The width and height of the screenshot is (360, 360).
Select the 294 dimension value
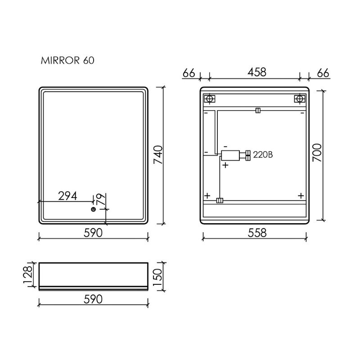pyautogui.click(x=67, y=196)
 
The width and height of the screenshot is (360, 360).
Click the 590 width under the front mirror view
pyautogui.click(x=93, y=233)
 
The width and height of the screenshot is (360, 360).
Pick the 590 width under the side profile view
pyautogui.click(x=93, y=299)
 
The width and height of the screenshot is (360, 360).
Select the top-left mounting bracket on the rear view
pyautogui.click(x=210, y=99)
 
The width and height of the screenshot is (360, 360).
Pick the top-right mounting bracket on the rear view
pyautogui.click(x=299, y=99)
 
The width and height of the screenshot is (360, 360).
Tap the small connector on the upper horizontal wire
pyautogui.click(x=257, y=110)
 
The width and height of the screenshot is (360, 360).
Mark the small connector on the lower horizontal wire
pyautogui.click(x=220, y=200)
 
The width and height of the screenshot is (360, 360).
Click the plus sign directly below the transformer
pyautogui.click(x=225, y=166)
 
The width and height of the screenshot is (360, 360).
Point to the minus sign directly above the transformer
pyautogui.click(x=225, y=147)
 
